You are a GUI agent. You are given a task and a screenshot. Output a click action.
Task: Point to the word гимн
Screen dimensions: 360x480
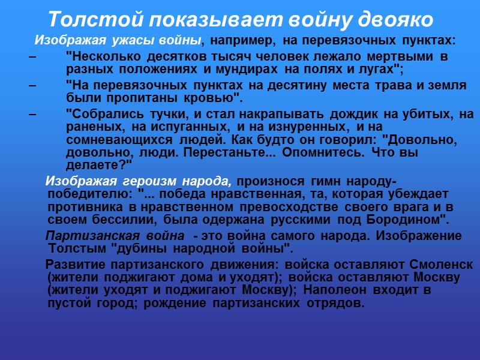[x=328, y=182]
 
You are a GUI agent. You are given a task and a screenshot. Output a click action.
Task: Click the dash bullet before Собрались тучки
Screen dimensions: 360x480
[x=32, y=114]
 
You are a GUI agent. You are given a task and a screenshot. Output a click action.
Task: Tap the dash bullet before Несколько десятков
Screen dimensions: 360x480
[x=32, y=57]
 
